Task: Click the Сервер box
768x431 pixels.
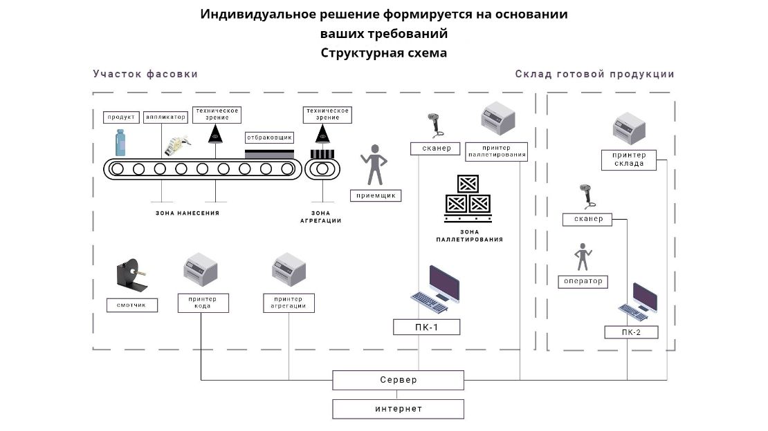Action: point(398,380)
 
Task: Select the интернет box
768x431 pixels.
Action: point(398,409)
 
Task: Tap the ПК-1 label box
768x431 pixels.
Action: point(427,327)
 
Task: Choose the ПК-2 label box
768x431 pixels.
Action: point(631,332)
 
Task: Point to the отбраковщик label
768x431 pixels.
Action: point(270,137)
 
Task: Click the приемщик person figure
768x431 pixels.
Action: point(374,164)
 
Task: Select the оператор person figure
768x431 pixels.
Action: point(584,257)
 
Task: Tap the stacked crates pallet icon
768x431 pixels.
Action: point(468,195)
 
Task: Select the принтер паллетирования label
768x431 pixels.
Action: point(497,151)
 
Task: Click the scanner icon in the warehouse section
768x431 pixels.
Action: point(588,196)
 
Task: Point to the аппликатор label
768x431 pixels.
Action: point(165,117)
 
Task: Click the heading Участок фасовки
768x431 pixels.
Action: point(145,74)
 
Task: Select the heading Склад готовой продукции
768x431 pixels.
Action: point(594,74)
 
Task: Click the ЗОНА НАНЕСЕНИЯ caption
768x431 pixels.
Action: point(188,213)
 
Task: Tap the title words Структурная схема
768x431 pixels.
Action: point(384,52)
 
